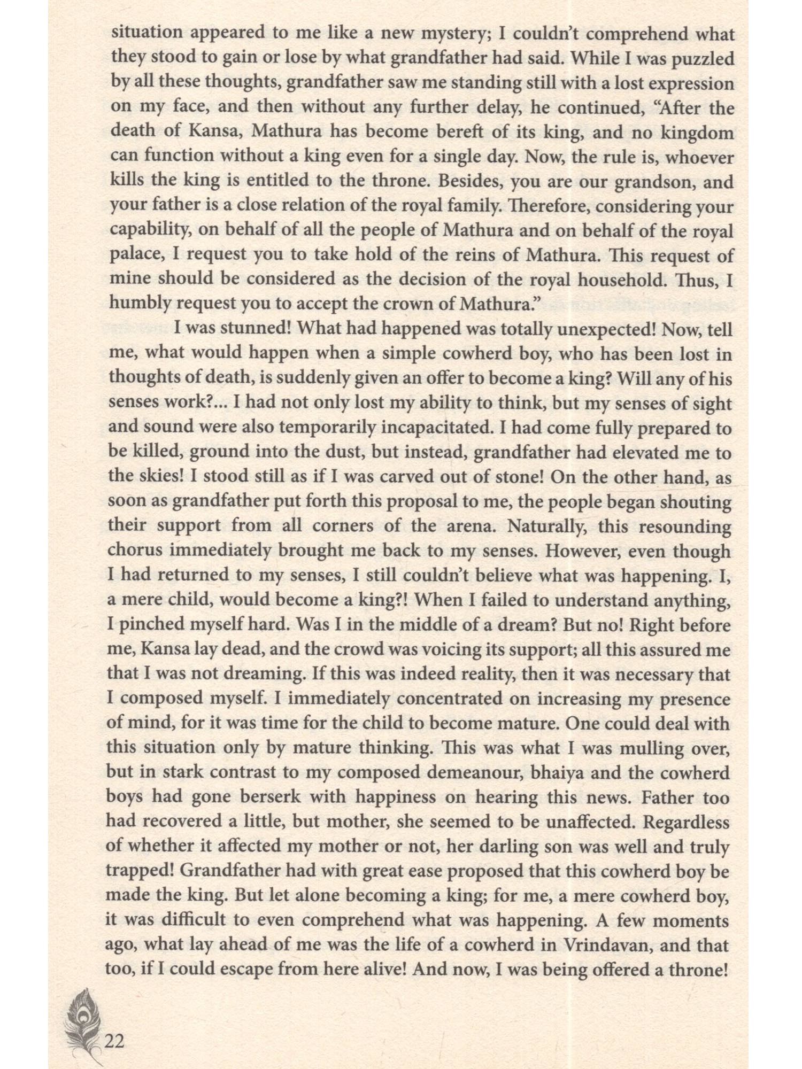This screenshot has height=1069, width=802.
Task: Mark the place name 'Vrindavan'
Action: point(609,945)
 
